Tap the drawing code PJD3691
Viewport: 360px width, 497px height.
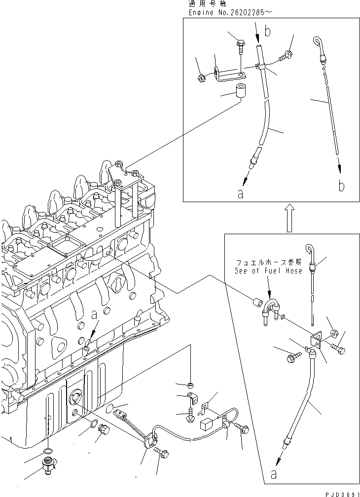coord(341,492)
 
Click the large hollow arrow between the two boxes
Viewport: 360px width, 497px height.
coord(288,218)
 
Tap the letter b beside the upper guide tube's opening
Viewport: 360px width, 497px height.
coord(268,32)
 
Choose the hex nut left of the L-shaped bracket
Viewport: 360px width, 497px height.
coord(202,77)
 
